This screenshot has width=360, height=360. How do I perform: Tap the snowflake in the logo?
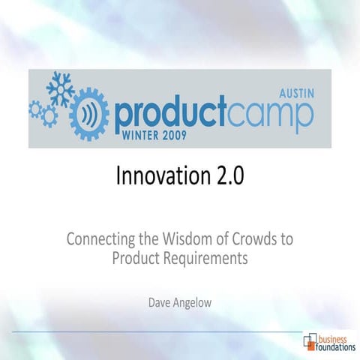[x=59, y=89]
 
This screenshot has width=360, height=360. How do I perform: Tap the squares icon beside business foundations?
[x=310, y=342]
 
